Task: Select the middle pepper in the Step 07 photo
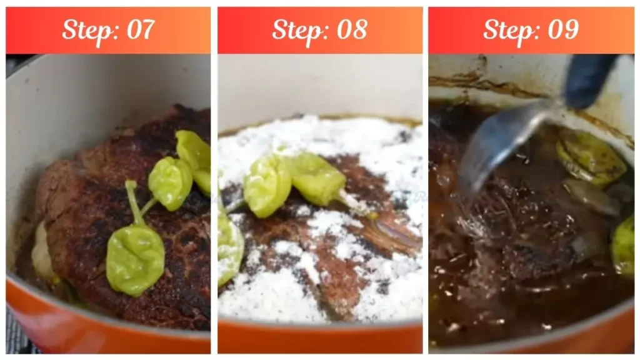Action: click(169, 182)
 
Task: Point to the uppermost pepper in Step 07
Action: click(194, 153)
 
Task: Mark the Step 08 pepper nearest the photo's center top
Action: click(267, 184)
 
